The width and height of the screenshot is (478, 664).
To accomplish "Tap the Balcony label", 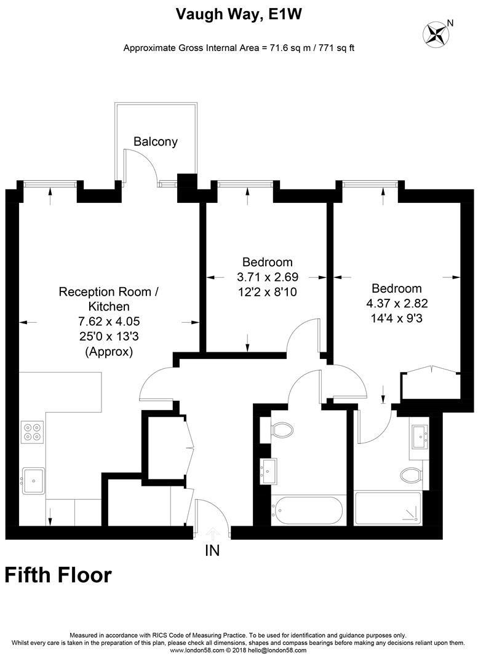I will pyautogui.click(x=156, y=142).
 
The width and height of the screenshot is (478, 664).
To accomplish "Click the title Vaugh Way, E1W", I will pyautogui.click(x=239, y=14).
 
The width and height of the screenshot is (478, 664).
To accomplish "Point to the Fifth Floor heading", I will pyautogui.click(x=58, y=575).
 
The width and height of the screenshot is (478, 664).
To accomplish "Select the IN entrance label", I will pyautogui.click(x=212, y=551).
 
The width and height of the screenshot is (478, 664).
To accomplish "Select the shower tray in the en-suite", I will pyautogui.click(x=388, y=508).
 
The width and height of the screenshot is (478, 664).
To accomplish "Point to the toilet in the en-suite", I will pyautogui.click(x=411, y=475).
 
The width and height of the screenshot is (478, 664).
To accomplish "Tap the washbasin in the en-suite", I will pyautogui.click(x=420, y=437).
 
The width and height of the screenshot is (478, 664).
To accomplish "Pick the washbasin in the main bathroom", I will pyautogui.click(x=269, y=470).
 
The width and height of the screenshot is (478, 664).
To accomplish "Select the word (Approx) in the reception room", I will pyautogui.click(x=108, y=352).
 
